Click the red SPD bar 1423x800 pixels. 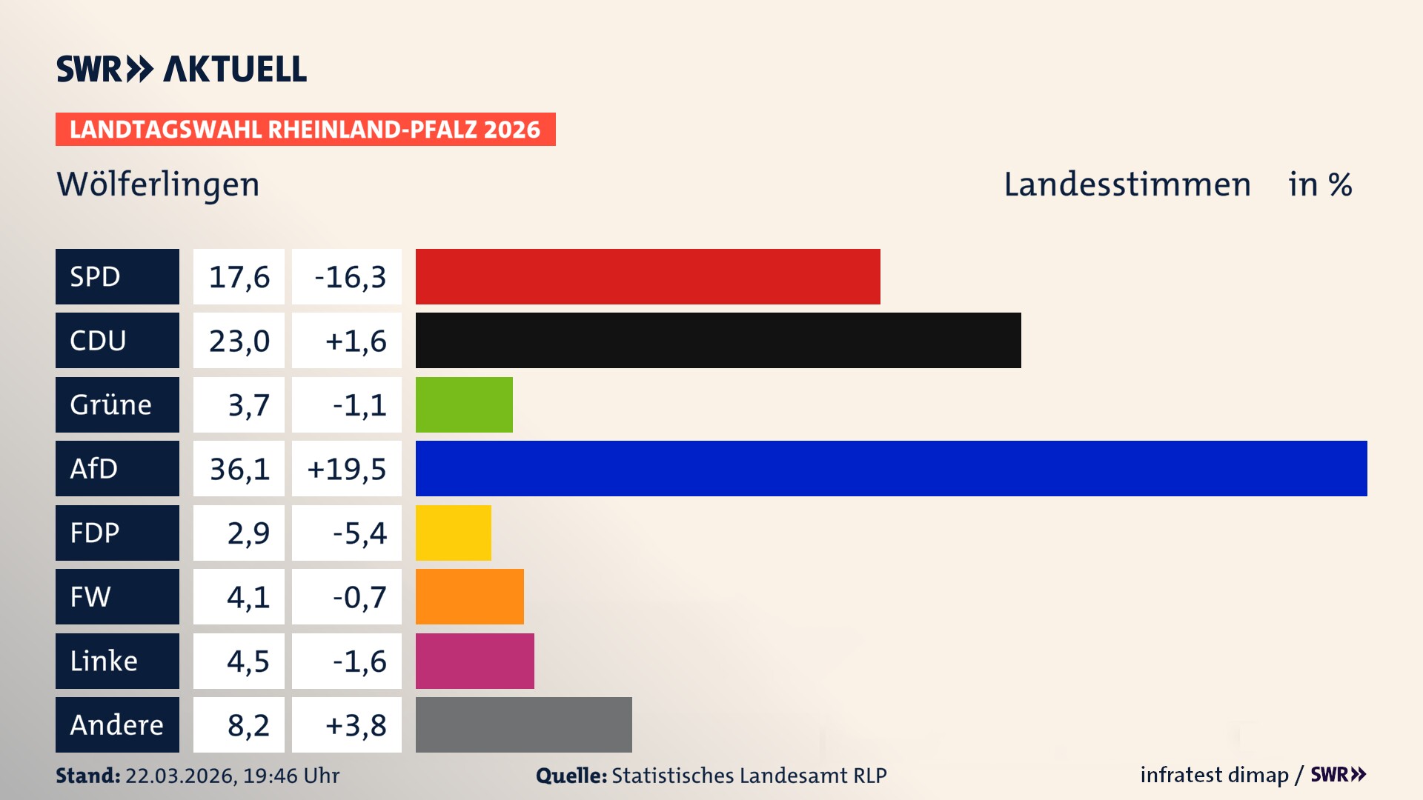(648, 276)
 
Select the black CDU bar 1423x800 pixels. (718, 340)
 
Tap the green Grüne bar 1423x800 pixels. (464, 404)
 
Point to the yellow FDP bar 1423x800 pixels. (453, 533)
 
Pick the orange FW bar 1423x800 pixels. (469, 596)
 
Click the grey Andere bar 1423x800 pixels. (523, 724)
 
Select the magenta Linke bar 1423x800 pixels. (474, 661)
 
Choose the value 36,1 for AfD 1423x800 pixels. (239, 468)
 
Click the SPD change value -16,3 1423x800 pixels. (350, 277)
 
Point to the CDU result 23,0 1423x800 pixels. (239, 341)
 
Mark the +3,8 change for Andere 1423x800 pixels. (355, 725)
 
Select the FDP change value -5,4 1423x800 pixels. (359, 533)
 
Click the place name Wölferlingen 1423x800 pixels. (158, 185)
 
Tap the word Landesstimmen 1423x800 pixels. (1127, 184)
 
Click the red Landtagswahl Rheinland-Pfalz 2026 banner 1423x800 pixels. (305, 130)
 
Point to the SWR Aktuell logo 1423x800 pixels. (181, 69)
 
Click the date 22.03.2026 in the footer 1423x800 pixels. (180, 776)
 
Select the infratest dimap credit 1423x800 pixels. (1214, 775)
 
